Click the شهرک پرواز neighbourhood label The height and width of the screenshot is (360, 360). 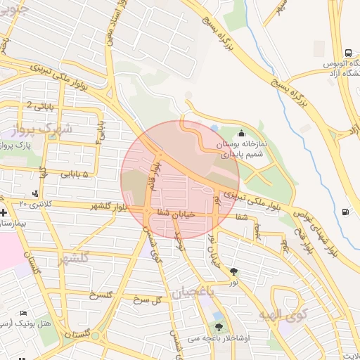tap(43, 129)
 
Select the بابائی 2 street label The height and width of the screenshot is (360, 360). tap(39, 106)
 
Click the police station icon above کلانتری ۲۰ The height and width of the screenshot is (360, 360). tap(36, 193)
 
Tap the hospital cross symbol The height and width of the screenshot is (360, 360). tap(4, 212)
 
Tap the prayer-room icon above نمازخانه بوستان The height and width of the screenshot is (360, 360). tap(242, 133)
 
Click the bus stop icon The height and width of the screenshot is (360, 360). tap(348, 53)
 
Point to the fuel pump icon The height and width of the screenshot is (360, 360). tap(345, 212)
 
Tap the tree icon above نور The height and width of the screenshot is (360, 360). tap(233, 271)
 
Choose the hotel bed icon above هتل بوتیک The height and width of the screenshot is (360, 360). tap(24, 312)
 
